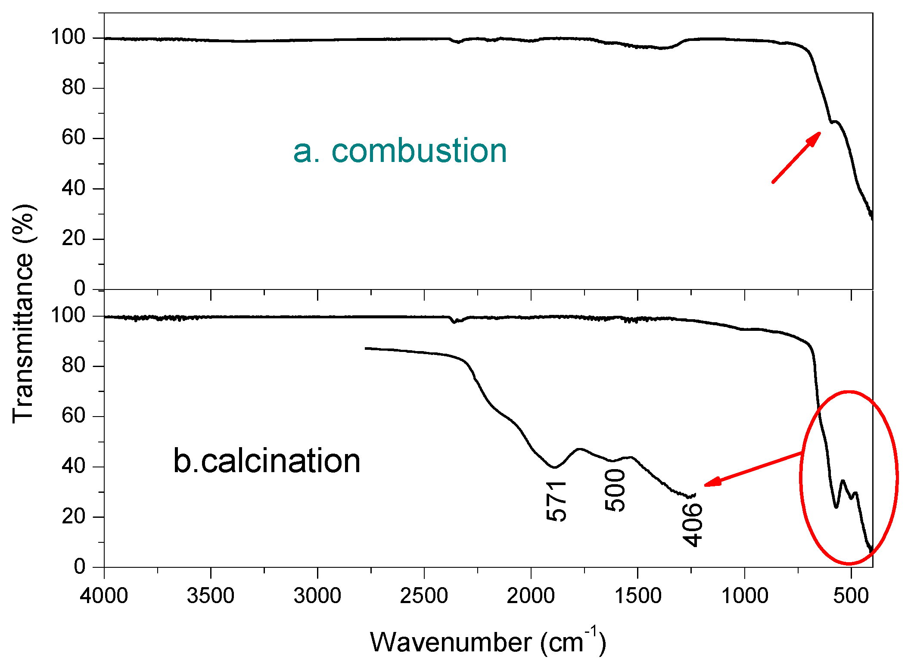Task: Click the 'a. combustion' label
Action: [400, 152]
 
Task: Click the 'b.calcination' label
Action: [267, 461]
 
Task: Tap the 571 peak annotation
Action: [556, 501]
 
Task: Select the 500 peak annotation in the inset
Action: [615, 491]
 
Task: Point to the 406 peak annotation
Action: [692, 525]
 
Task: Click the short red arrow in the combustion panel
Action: [796, 158]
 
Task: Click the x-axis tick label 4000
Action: [104, 596]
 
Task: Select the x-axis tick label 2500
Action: [424, 596]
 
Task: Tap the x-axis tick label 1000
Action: [744, 596]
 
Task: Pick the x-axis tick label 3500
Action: [211, 596]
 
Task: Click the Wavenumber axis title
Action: [488, 642]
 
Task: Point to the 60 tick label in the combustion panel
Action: [74, 138]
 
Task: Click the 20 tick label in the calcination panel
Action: [74, 517]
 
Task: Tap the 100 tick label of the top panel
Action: [68, 37]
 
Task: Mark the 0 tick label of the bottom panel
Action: [80, 566]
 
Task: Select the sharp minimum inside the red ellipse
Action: [836, 507]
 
